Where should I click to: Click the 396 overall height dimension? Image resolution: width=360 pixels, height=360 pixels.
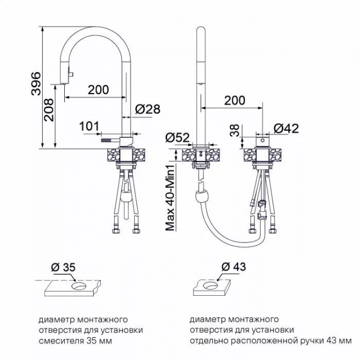click(36, 84)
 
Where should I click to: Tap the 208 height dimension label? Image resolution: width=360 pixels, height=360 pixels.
click(49, 110)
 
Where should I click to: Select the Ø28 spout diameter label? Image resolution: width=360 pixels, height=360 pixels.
click(148, 109)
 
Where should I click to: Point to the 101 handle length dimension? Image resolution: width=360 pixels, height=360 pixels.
click(89, 126)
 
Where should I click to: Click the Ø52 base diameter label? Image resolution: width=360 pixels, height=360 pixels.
click(177, 137)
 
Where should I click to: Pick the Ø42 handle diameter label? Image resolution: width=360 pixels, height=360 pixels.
click(286, 128)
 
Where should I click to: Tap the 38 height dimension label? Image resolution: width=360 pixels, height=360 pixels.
click(235, 131)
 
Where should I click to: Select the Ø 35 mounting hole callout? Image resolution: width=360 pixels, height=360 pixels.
click(63, 267)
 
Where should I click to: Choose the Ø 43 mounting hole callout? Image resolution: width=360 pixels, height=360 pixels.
click(234, 266)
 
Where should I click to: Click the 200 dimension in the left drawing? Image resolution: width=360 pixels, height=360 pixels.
click(98, 90)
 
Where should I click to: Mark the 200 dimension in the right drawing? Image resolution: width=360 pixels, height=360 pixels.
click(235, 100)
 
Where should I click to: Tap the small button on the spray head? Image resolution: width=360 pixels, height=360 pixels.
click(71, 74)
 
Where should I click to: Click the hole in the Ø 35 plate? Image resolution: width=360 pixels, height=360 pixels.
click(79, 286)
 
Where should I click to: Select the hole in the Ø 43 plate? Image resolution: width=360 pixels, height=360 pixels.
click(210, 285)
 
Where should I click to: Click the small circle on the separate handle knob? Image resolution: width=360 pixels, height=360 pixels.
click(263, 140)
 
